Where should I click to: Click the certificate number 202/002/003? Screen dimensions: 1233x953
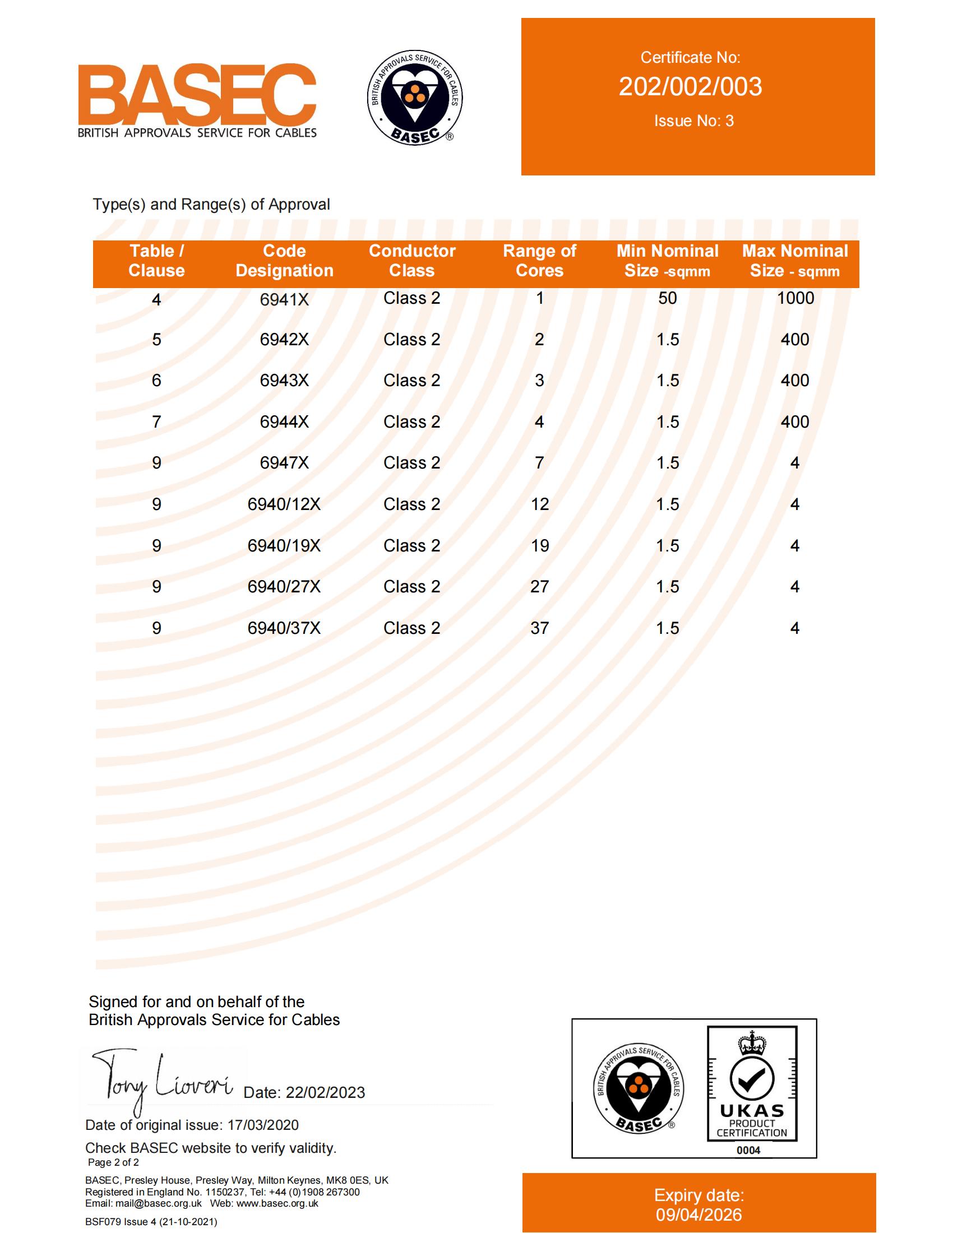(x=690, y=87)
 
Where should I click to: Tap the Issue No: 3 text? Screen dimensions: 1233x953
(x=693, y=121)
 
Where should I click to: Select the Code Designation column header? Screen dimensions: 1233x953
(x=285, y=261)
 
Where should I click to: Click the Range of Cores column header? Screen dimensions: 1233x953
(x=539, y=261)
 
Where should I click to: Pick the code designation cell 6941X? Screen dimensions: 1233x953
(x=284, y=300)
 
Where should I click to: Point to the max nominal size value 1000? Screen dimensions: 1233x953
(x=795, y=298)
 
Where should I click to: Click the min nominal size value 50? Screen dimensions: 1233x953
(x=667, y=298)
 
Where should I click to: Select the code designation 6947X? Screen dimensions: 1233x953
(x=284, y=463)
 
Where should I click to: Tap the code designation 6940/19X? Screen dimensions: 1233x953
(x=284, y=546)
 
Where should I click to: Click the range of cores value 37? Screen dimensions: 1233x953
(x=539, y=628)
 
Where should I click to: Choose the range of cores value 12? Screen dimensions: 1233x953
(x=539, y=505)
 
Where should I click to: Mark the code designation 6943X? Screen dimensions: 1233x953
(x=284, y=381)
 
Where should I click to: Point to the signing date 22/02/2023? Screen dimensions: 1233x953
(x=325, y=1093)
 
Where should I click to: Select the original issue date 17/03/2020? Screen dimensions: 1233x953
(x=262, y=1125)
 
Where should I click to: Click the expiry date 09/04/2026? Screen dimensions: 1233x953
(x=698, y=1215)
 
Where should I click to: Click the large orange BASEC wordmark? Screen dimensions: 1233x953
(x=196, y=94)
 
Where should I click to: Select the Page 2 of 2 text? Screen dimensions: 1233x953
(x=113, y=1162)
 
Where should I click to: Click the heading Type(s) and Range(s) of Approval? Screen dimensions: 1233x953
(x=211, y=205)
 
